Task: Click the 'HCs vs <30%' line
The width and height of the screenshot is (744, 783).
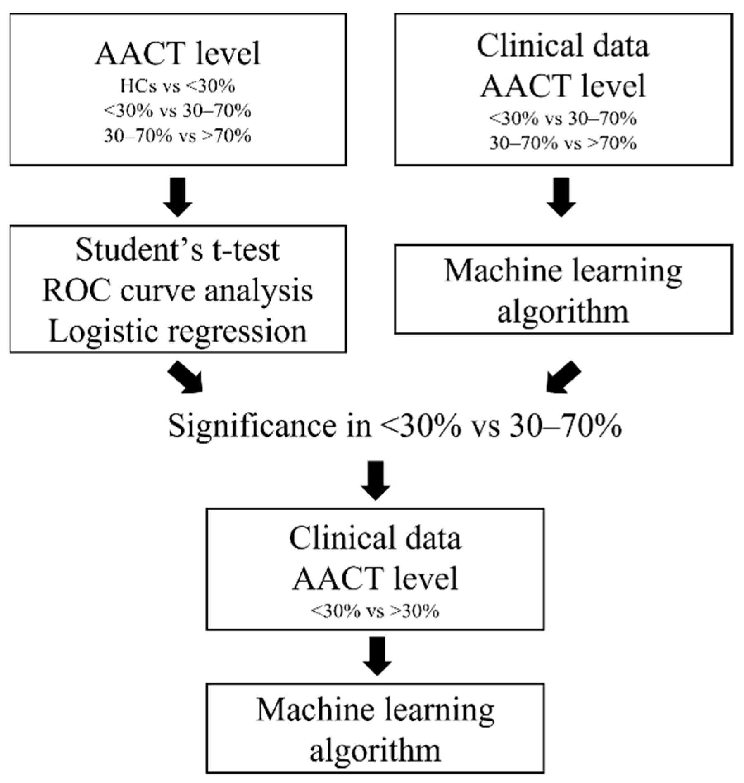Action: [178, 86]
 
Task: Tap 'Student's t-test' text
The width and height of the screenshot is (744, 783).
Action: [178, 250]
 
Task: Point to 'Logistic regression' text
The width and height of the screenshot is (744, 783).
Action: [178, 331]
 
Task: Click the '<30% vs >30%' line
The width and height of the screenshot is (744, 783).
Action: [375, 611]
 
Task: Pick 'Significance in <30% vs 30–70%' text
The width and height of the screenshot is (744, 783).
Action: [395, 426]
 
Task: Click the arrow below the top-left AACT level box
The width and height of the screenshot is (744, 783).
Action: [178, 197]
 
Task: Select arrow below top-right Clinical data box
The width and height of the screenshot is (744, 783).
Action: [561, 197]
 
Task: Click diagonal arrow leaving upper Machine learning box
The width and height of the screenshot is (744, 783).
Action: [563, 377]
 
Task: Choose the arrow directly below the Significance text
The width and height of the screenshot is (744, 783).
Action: [375, 480]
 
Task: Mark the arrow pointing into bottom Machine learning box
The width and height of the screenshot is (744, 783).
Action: [377, 656]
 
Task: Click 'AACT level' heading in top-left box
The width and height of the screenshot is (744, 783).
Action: [178, 54]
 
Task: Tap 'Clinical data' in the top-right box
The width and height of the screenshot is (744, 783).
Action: [563, 45]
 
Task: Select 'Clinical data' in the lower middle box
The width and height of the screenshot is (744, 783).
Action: [375, 539]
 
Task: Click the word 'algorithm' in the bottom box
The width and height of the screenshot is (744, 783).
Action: [375, 750]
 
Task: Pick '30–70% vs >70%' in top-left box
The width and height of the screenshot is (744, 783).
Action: [178, 136]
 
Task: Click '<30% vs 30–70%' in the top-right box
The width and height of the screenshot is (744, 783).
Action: [563, 119]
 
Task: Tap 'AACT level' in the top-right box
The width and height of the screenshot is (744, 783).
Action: [563, 86]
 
